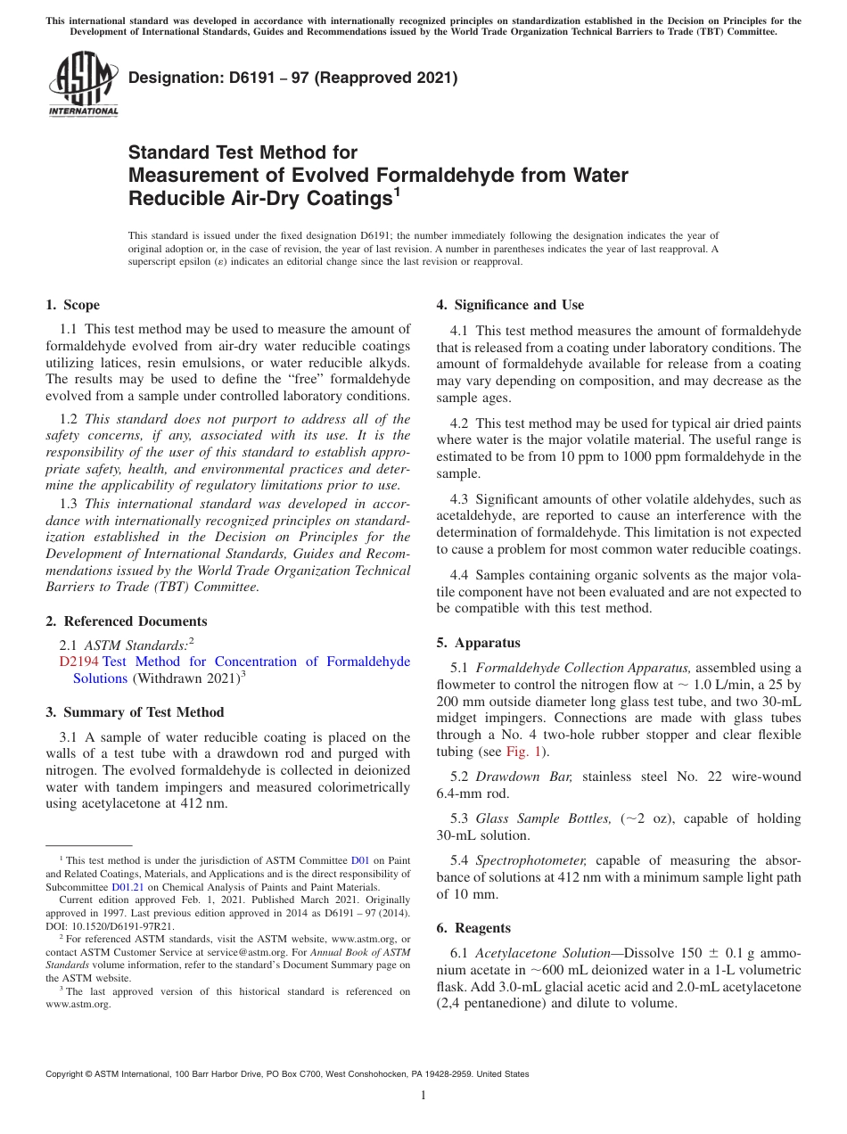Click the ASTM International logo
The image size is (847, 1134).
click(x=82, y=84)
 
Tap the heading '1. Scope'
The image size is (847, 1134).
click(x=72, y=305)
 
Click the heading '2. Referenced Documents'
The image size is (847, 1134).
click(x=126, y=621)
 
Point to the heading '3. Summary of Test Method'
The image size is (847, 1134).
click(x=135, y=712)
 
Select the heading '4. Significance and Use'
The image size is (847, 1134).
click(x=510, y=305)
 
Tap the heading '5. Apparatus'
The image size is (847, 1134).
click(x=478, y=643)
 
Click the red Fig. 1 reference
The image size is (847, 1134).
click(x=523, y=752)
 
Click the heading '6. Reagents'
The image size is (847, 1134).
click(x=473, y=928)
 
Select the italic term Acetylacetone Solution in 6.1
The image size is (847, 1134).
click(x=543, y=952)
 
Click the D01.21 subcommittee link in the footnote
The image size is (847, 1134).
click(x=126, y=887)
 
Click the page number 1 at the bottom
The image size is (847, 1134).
click(x=423, y=1095)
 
